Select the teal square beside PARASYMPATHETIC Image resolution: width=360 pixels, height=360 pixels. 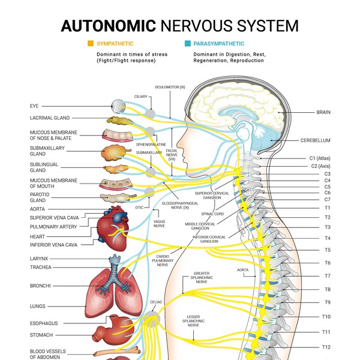pyautogui.click(x=188, y=44)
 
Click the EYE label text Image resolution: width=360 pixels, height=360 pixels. pyautogui.click(x=34, y=106)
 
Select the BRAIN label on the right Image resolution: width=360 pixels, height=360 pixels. pyautogui.click(x=323, y=112)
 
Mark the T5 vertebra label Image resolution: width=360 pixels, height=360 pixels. pyautogui.click(x=328, y=250)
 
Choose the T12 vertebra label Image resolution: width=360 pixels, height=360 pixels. pyautogui.click(x=326, y=347)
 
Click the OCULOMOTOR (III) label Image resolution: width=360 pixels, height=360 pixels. pyautogui.click(x=169, y=87)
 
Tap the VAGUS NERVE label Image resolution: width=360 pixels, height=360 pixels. pyautogui.click(x=159, y=222)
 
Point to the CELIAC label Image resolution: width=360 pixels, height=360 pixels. pyautogui.click(x=157, y=302)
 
